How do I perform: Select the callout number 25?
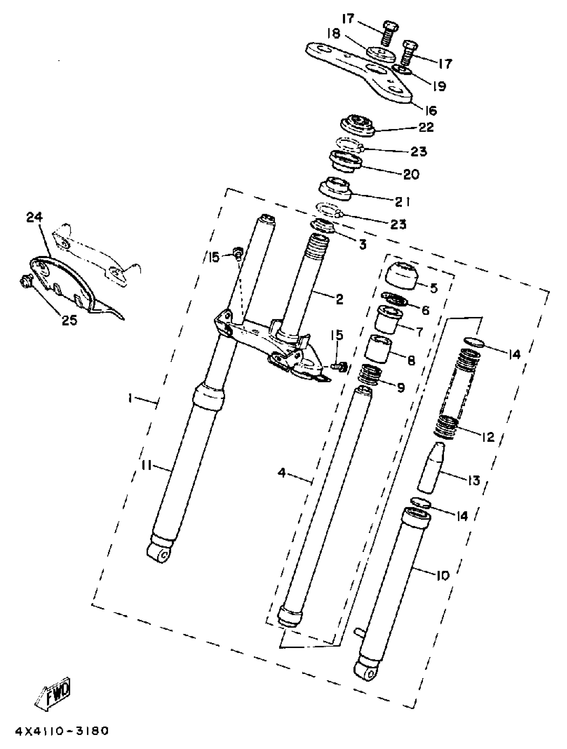tap(69, 320)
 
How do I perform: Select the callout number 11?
tap(146, 466)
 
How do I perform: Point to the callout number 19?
tap(439, 86)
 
